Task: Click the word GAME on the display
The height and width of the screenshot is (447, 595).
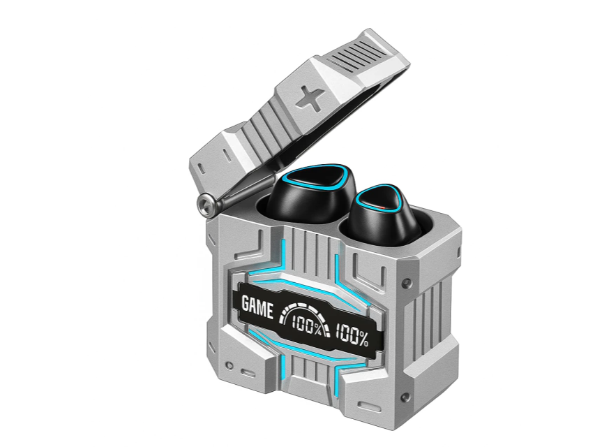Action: tap(257, 307)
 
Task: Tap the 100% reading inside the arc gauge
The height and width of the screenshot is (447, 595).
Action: tap(307, 325)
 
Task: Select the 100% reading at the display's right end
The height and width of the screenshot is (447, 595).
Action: tap(352, 335)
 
